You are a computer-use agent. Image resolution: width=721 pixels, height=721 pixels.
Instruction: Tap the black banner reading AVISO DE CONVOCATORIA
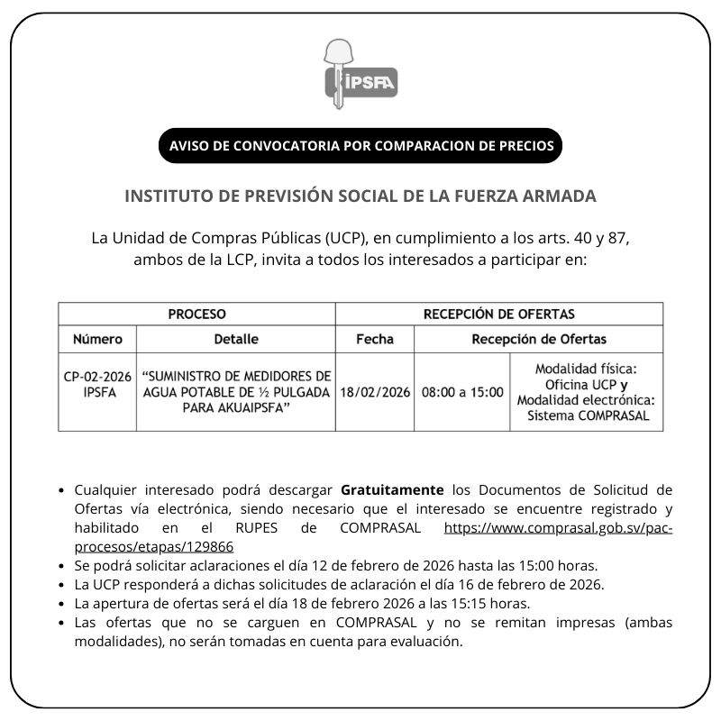pos(360,146)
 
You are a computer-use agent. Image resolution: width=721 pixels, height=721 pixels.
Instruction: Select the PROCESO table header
pos(196,315)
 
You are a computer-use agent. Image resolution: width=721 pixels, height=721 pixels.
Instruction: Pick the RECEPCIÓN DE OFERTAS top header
pos(498,315)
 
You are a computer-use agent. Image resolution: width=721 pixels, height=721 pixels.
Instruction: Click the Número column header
pos(98,340)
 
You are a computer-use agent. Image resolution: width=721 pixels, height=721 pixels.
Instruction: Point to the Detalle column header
pos(236,340)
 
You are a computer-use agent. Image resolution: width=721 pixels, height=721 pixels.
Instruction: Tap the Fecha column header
pos(375,340)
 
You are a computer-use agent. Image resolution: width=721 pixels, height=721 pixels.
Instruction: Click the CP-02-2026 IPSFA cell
pos(98,384)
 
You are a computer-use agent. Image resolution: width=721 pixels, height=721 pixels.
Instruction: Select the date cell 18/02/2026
pos(375,392)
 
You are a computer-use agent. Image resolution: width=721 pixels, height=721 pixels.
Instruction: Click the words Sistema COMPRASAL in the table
pos(588,415)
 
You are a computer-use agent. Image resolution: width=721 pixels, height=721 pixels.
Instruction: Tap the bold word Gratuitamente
pos(392,490)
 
